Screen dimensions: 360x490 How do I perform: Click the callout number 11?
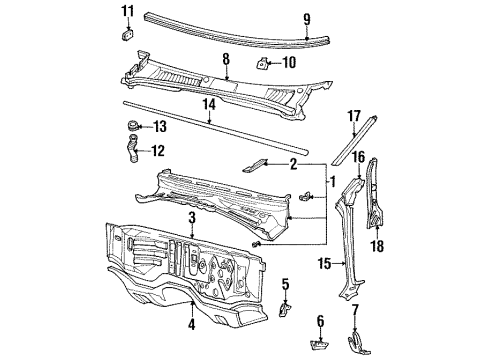(x=127, y=11)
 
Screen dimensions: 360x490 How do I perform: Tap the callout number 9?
(x=308, y=17)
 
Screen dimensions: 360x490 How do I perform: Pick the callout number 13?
(x=159, y=127)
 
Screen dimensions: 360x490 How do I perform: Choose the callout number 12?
(x=158, y=152)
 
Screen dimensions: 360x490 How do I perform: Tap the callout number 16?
(x=357, y=157)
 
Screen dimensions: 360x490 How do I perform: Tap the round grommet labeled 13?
(x=130, y=127)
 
